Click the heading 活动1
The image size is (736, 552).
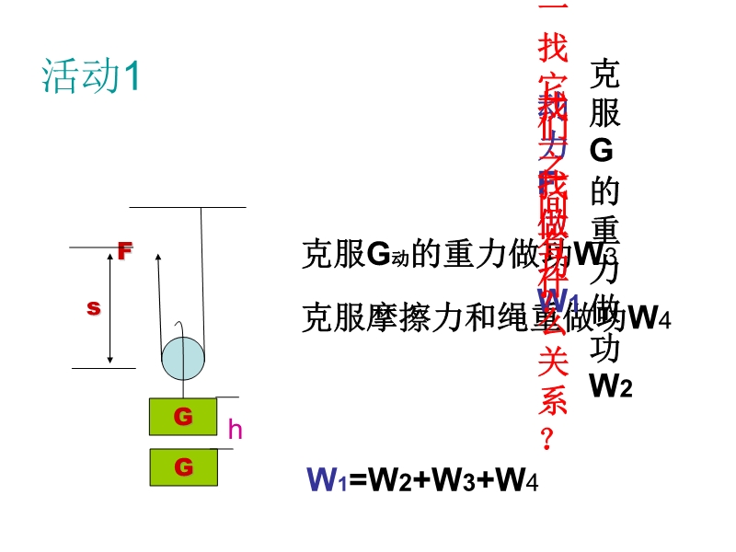(90, 76)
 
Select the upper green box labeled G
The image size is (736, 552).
(183, 417)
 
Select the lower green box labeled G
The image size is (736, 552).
(183, 467)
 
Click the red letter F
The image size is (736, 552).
(125, 250)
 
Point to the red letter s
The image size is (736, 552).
(93, 308)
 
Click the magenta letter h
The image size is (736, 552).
(235, 429)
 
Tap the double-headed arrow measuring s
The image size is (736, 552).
(110, 308)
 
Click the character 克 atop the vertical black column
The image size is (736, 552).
(604, 74)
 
